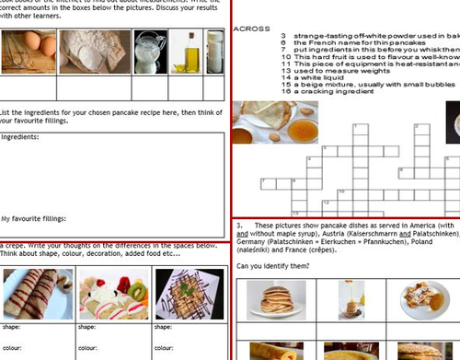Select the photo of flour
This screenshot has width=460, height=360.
(95, 52)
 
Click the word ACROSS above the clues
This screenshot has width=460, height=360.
(252, 29)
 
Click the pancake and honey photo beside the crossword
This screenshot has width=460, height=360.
(274, 122)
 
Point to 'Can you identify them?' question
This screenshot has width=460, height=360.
(273, 266)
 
